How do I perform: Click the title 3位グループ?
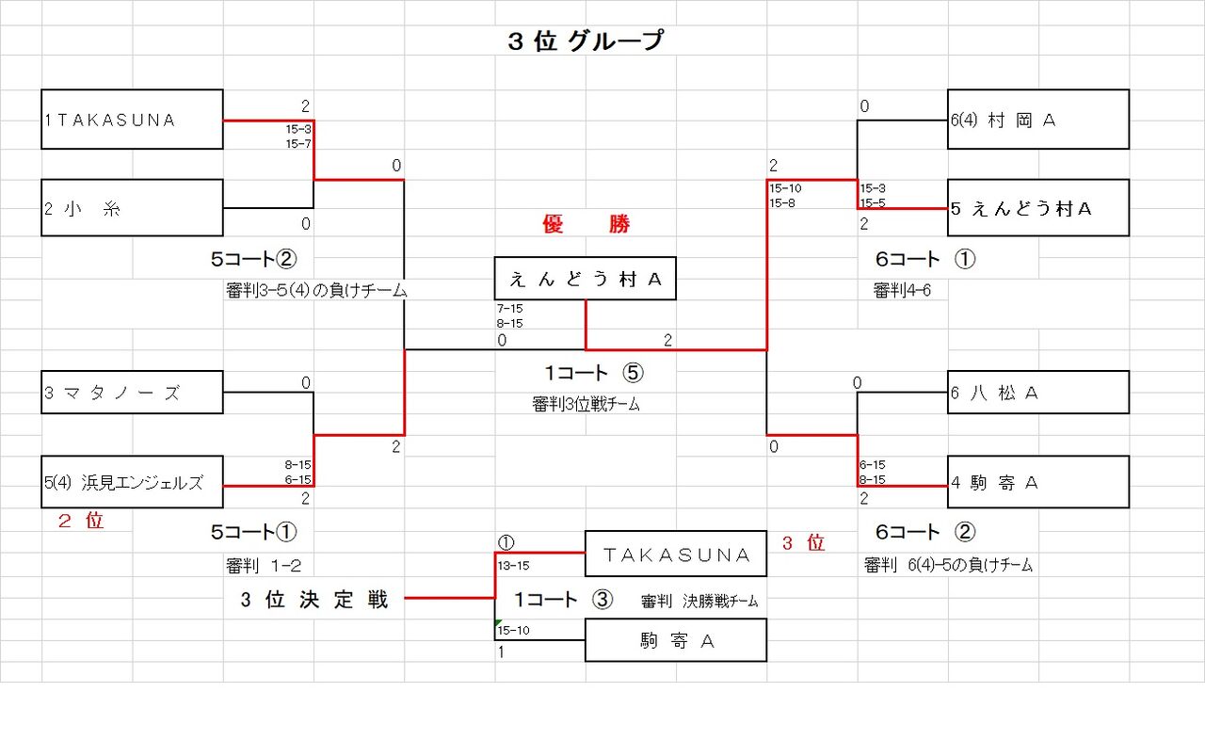coord(586,40)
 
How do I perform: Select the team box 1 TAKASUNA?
coord(133,120)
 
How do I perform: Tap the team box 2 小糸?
coord(133,207)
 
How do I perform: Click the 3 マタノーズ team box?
coord(133,392)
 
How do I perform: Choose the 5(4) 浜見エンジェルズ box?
coord(133,482)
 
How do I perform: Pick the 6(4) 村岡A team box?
coord(1038,120)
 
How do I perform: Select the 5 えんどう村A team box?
coord(1038,207)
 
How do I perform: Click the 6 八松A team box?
coord(1038,392)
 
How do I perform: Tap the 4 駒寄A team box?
coord(1038,482)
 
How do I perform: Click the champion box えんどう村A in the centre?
coord(586,279)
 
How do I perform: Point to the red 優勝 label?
coord(586,223)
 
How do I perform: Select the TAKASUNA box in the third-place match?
coord(676,554)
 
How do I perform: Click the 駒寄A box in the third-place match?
coord(676,640)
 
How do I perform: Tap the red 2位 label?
coord(81,521)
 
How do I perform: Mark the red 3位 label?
coord(803,542)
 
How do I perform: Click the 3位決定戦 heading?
coord(314,599)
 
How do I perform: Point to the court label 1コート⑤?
coord(594,373)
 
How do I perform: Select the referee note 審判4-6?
coord(902,290)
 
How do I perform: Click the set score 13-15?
coord(513,566)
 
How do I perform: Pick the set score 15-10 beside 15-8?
coord(785,188)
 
